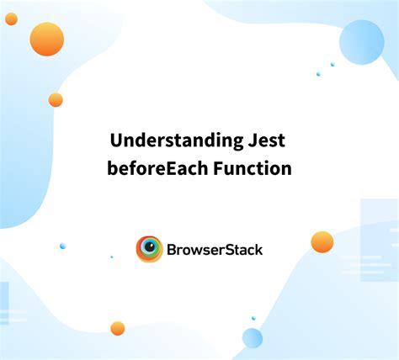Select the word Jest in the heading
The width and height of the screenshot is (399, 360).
click(x=267, y=140)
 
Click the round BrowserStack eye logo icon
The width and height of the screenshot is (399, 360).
click(x=150, y=249)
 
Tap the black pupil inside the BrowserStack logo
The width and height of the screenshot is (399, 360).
click(x=151, y=249)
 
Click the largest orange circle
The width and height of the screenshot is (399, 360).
click(x=47, y=39)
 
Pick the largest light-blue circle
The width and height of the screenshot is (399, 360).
click(x=362, y=42)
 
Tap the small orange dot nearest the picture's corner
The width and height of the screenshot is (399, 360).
click(x=11, y=19)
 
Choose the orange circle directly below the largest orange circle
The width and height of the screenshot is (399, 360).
click(x=56, y=99)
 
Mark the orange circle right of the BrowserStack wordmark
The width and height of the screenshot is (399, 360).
click(x=322, y=242)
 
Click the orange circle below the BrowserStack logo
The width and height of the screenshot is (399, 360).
click(x=118, y=328)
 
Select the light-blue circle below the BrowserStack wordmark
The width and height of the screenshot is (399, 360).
click(x=253, y=338)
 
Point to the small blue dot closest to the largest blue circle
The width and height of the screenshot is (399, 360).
click(x=332, y=64)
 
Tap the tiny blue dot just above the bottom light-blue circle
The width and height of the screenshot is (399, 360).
click(x=253, y=318)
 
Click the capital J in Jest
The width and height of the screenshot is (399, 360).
click(x=252, y=140)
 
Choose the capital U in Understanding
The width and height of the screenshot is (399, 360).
click(x=117, y=140)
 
